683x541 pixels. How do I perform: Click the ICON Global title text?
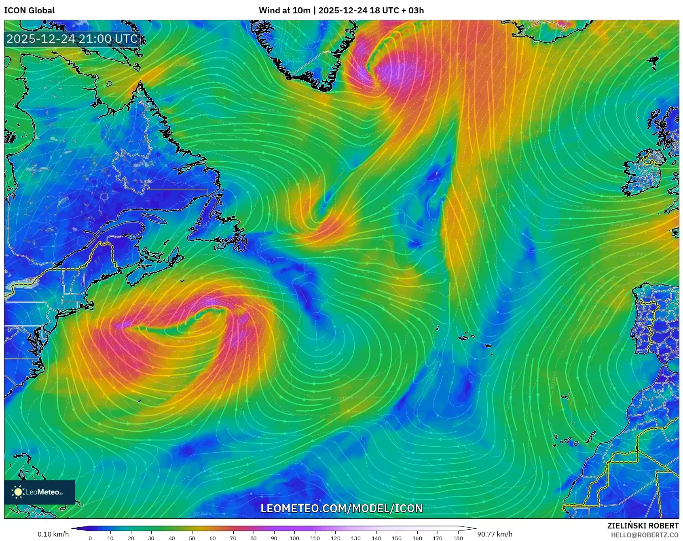coord(29,11)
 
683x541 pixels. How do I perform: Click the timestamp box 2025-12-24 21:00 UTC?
coord(72,39)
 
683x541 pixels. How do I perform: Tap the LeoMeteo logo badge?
coord(40,492)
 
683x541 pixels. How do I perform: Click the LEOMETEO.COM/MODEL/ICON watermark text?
coord(341,508)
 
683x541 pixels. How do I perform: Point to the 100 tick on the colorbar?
coord(294,538)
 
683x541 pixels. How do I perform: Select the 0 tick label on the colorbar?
coord(90,538)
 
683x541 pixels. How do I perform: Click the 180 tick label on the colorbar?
coord(458,538)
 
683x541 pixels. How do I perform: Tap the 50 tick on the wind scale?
coord(192,538)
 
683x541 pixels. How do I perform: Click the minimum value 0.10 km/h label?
coord(53,534)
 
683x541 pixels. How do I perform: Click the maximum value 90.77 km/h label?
coord(495,534)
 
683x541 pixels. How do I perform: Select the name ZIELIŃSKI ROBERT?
coord(643,526)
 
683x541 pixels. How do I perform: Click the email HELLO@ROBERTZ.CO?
coord(645,535)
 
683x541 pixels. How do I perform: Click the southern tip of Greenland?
coord(326,87)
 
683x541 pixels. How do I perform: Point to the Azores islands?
coord(469,336)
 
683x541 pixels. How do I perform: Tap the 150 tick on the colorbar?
coord(396,538)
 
